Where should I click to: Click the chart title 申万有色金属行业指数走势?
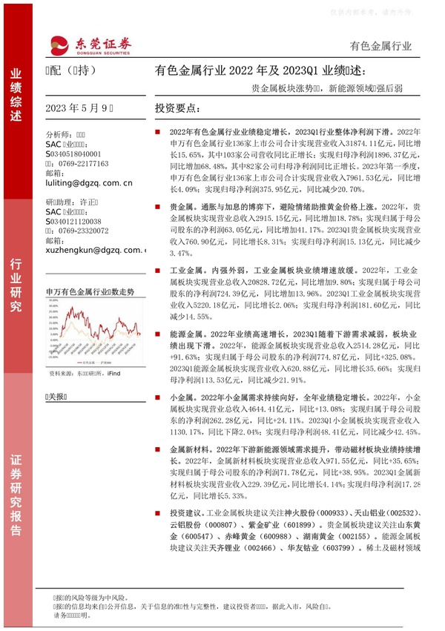[90, 292]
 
